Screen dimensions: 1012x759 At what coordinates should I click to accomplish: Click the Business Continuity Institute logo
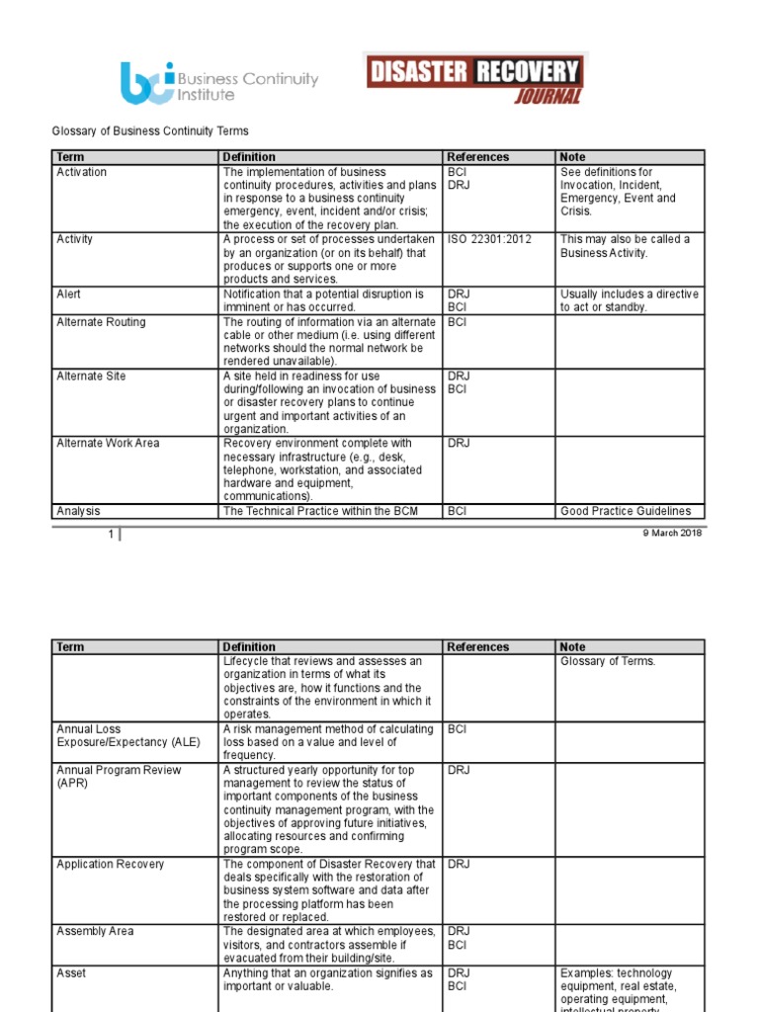tap(218, 83)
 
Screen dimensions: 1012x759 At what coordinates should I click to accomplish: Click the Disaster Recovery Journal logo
tap(474, 78)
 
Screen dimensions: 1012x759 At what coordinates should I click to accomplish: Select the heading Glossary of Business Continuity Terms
tap(149, 130)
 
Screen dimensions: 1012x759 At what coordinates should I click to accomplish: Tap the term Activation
tap(82, 172)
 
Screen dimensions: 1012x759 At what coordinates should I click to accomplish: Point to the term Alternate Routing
tap(101, 322)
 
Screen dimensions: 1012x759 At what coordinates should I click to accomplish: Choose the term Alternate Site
tap(91, 377)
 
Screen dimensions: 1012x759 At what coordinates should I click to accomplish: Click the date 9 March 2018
tap(672, 534)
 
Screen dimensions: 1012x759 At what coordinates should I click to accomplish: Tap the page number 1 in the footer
tap(112, 534)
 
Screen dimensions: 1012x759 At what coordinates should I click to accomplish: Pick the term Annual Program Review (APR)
tap(119, 776)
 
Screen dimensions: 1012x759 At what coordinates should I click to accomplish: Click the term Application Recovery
tap(111, 865)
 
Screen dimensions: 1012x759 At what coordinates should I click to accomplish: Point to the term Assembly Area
tap(96, 931)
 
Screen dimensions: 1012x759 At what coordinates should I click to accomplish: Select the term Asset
tap(71, 973)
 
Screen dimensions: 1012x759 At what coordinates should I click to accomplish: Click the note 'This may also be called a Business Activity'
tap(625, 246)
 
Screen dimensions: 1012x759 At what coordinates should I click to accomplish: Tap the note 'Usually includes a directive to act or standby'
tap(629, 300)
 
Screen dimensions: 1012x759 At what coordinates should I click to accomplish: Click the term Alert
tap(69, 295)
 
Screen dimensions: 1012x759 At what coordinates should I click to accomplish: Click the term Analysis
tap(78, 511)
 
